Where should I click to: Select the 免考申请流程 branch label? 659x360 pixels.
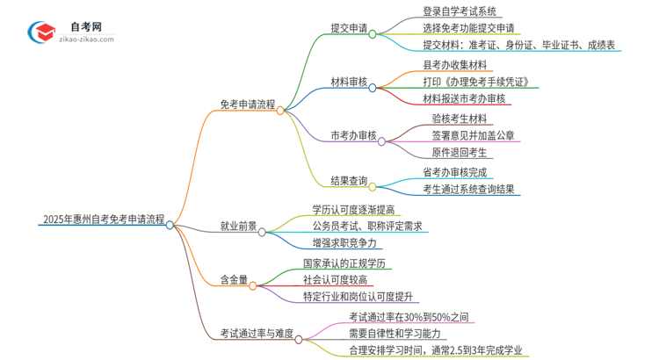pyautogui.click(x=247, y=104)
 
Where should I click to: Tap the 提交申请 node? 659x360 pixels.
pyautogui.click(x=349, y=29)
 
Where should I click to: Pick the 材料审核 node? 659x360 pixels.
pyautogui.click(x=349, y=82)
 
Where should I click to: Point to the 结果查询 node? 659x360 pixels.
pyautogui.click(x=349, y=181)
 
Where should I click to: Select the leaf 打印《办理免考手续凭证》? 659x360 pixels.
pyautogui.click(x=475, y=82)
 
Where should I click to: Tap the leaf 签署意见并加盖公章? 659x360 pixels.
pyautogui.click(x=473, y=135)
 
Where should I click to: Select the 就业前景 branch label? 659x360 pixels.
pyautogui.click(x=238, y=226)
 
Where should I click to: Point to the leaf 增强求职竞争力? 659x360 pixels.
pyautogui.click(x=347, y=242)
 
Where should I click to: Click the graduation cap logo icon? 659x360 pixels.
pyautogui.click(x=40, y=32)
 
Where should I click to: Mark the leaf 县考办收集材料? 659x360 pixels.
pyautogui.click(x=456, y=65)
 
